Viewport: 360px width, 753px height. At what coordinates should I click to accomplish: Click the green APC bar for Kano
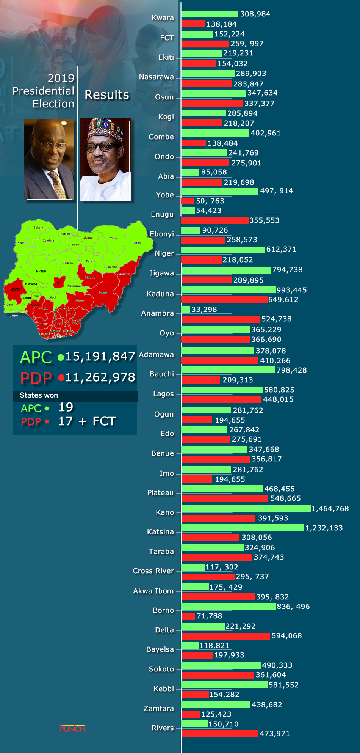246,509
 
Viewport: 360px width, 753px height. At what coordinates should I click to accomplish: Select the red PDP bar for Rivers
220,734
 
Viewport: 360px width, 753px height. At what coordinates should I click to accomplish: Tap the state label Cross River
153,571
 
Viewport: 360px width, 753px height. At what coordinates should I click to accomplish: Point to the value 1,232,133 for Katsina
324,528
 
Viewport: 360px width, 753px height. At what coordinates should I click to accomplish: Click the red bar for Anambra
221,319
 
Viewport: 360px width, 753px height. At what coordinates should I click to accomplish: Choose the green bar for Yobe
219,191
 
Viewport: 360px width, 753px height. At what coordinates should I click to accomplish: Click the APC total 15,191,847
100,357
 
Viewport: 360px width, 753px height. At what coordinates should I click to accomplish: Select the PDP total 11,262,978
100,377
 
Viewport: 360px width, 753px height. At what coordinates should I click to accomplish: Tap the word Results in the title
107,95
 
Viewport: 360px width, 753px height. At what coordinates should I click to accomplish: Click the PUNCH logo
73,729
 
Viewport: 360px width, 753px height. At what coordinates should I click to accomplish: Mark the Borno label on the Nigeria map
136,243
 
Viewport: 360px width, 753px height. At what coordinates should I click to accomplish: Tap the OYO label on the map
16,289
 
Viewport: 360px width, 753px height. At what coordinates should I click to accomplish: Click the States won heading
39,395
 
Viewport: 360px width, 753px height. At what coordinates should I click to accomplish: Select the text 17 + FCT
87,421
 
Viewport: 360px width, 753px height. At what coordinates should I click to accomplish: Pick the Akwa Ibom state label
153,591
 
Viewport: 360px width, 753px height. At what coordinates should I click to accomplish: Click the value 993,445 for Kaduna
291,290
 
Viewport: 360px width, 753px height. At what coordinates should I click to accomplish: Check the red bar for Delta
225,636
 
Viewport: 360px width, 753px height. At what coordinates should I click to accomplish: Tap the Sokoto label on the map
38,228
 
